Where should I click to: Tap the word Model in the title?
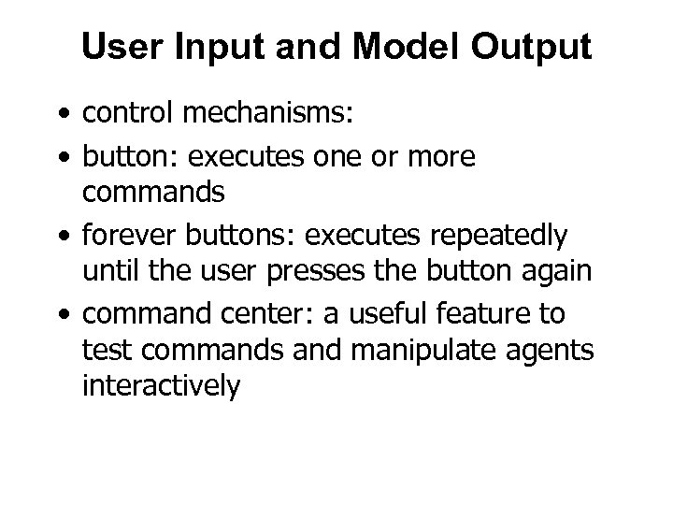395,47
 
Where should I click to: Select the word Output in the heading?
529,47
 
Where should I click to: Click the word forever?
126,238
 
